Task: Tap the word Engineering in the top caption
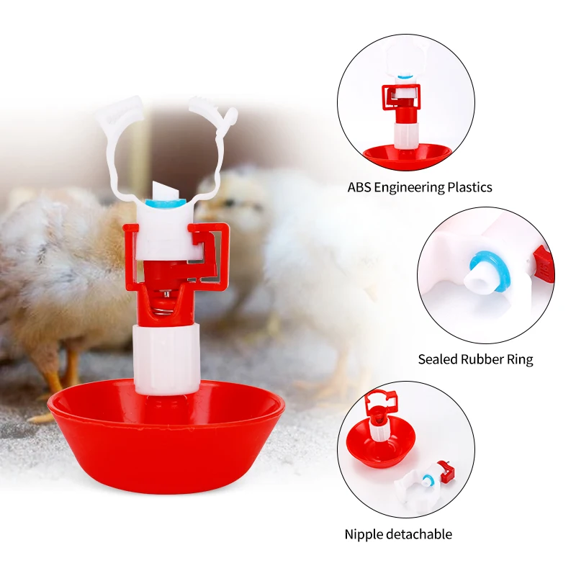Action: point(413,187)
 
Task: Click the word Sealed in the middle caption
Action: point(438,359)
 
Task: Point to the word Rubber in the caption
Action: point(483,359)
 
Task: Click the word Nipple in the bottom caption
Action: point(364,534)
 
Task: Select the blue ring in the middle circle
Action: point(478,264)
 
